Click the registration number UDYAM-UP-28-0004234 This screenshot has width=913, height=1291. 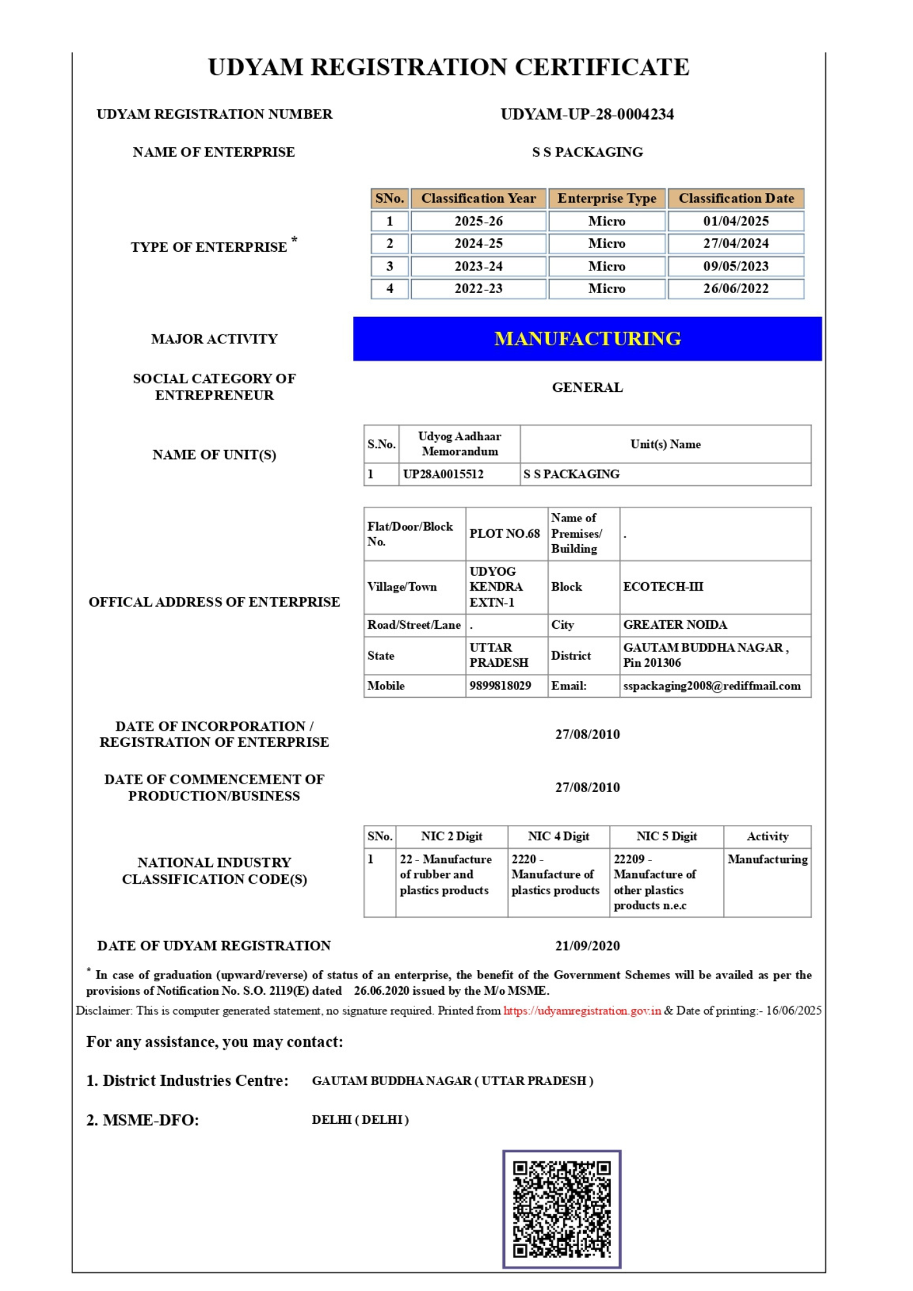(x=587, y=114)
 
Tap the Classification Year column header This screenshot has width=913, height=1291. (x=478, y=198)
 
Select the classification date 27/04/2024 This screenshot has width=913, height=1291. (x=735, y=243)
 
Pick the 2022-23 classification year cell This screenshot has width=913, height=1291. (x=478, y=289)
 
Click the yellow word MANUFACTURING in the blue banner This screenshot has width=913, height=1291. (x=587, y=339)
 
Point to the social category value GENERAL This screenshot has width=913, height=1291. (x=587, y=387)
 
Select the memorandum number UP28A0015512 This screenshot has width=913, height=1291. (x=443, y=474)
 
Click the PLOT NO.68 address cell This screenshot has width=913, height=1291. (x=504, y=534)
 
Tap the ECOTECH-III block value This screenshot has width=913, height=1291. (x=663, y=587)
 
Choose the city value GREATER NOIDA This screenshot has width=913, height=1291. (x=675, y=625)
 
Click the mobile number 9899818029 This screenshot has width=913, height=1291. (x=500, y=686)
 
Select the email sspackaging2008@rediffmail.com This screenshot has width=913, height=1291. (x=712, y=686)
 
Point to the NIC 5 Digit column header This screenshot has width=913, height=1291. (x=666, y=837)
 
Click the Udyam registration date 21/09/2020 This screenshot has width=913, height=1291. (x=587, y=946)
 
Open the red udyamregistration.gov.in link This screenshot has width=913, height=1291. (x=582, y=1011)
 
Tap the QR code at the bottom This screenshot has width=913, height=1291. (x=562, y=1209)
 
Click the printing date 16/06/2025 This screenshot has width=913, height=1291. (x=794, y=1011)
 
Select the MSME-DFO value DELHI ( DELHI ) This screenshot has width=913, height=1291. (x=360, y=1120)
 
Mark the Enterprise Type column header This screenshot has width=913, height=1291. (x=606, y=198)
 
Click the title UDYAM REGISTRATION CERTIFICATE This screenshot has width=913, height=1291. (x=449, y=67)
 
